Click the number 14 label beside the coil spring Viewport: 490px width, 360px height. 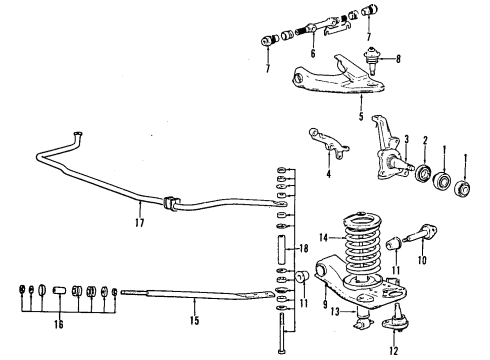tap(323, 238)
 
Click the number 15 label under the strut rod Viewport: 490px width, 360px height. tap(195, 321)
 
